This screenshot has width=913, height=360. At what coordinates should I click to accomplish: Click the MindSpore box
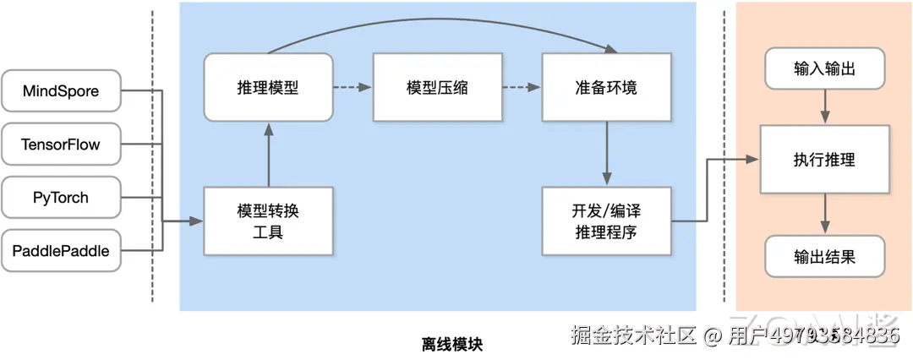61,91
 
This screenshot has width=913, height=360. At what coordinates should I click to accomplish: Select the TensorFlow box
61,145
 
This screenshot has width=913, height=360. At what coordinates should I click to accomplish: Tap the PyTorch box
61,198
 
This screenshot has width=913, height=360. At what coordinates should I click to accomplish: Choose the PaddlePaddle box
61,250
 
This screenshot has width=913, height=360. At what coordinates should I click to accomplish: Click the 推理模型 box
268,87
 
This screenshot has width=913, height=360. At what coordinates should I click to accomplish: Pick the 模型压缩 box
437,87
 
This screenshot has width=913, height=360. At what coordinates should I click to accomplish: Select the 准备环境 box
605,87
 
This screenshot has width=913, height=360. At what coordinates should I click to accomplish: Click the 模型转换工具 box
268,221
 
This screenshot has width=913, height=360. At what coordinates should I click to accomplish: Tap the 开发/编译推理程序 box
605,221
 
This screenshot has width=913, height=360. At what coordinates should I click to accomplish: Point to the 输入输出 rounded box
824,69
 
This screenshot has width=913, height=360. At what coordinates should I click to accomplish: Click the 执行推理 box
824,159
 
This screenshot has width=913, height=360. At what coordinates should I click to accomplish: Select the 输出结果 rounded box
824,256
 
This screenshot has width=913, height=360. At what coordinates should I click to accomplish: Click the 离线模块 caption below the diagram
456,344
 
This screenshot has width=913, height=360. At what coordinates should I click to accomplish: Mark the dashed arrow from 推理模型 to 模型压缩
352,87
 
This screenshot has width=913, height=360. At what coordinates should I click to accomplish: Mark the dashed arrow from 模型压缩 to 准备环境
521,87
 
